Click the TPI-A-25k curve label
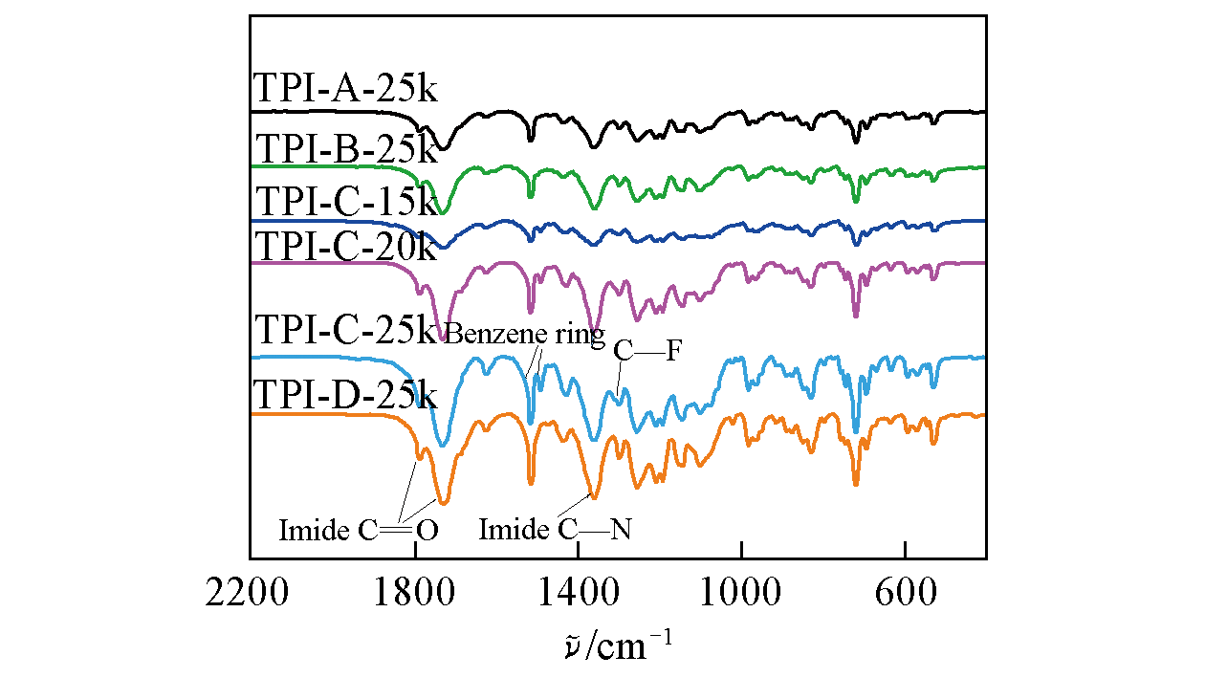345,89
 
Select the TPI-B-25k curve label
345,149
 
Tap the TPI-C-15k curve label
345,203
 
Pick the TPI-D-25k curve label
345,394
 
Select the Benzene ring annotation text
525,335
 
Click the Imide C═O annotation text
359,530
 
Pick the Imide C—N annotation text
555,529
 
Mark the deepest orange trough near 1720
442,501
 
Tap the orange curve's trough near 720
856,483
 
